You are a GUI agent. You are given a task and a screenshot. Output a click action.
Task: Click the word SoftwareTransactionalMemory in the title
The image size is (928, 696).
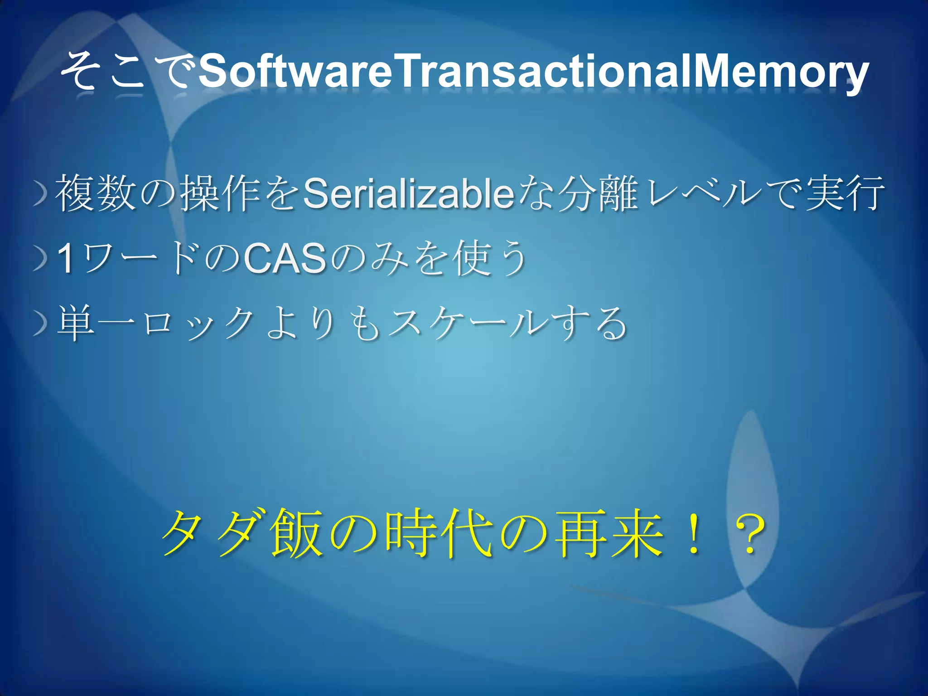(x=533, y=72)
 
